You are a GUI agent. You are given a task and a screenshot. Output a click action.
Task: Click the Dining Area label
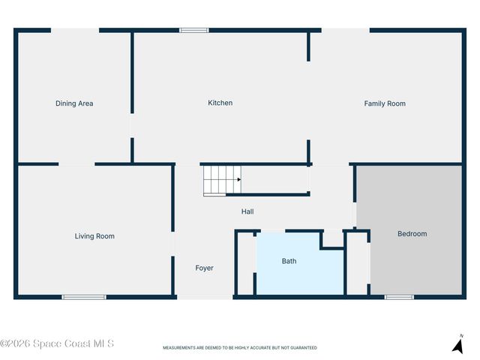74,103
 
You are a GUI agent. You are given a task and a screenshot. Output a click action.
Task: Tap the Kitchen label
220,103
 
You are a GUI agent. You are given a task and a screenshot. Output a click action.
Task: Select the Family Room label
385,103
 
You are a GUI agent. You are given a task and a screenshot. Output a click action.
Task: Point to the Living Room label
94,236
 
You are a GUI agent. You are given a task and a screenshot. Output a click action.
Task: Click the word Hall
247,211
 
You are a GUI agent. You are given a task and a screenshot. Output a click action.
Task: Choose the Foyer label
205,268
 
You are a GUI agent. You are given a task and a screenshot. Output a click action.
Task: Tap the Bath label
289,261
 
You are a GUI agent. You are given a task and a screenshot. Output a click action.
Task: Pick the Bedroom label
412,233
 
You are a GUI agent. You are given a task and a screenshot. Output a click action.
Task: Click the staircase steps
222,181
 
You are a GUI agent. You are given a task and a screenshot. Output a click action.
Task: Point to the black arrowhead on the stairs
239,179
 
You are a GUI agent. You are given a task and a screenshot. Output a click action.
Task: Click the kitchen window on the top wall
193,30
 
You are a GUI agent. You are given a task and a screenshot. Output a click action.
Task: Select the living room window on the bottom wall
84,297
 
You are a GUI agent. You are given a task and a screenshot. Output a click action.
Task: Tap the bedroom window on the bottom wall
399,297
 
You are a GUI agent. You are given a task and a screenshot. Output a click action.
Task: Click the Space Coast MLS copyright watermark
57,343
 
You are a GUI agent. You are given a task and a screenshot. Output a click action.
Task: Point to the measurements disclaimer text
240,348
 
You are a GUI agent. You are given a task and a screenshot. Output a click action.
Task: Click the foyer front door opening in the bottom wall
205,297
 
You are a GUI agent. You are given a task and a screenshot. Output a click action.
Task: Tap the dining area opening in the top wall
75,30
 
